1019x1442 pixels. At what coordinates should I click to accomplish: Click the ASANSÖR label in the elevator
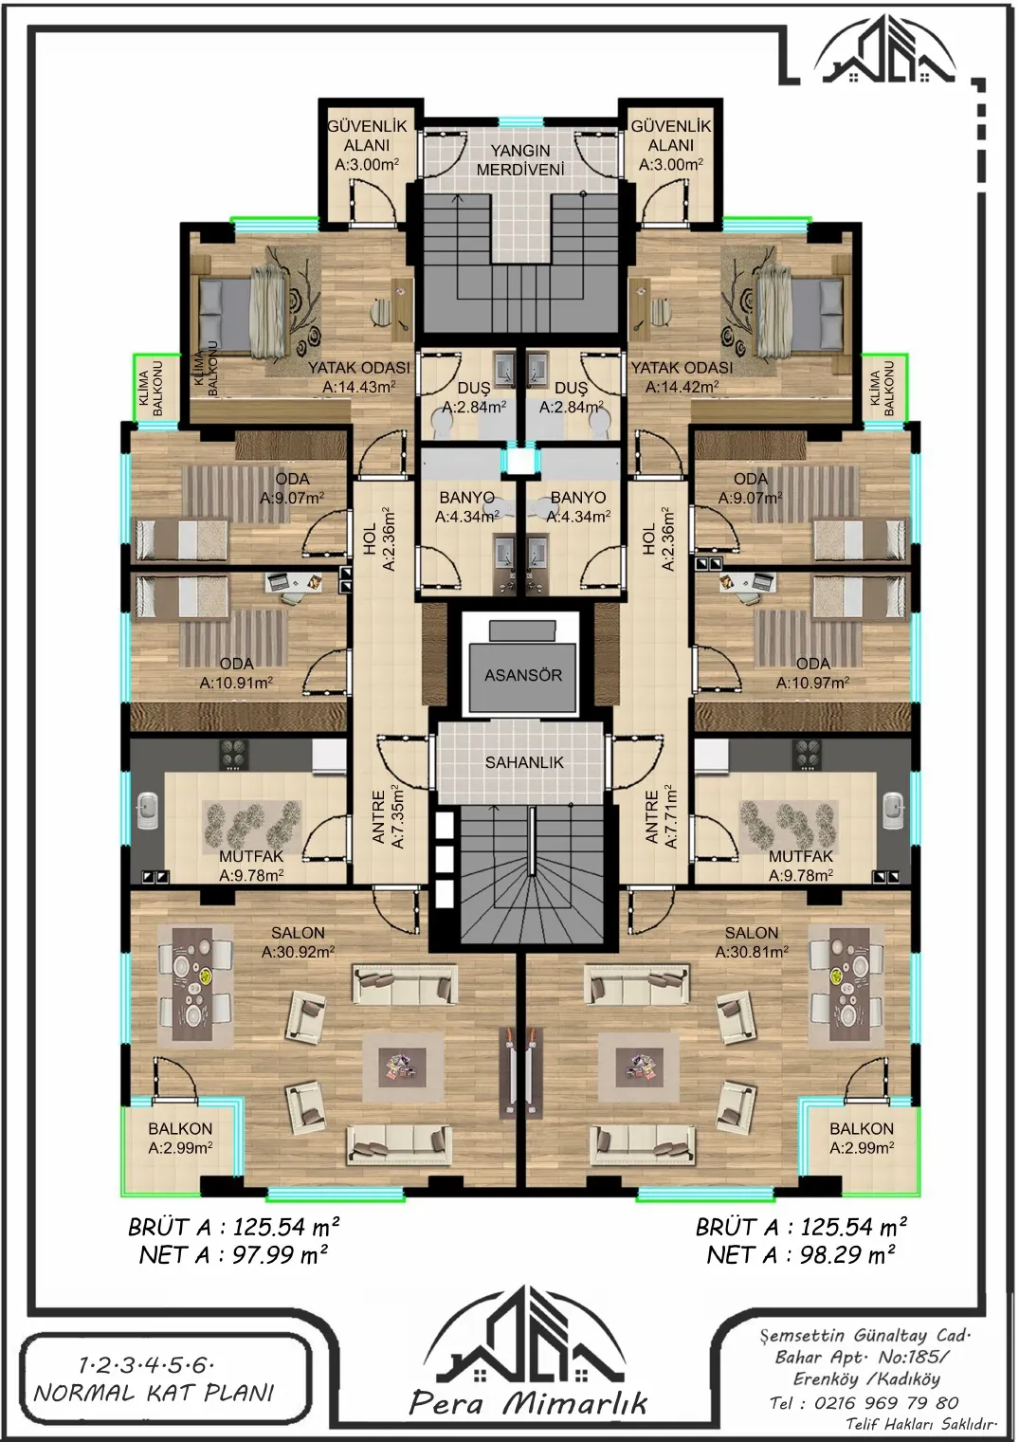(x=522, y=675)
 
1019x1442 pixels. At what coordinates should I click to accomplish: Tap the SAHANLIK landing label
(x=524, y=762)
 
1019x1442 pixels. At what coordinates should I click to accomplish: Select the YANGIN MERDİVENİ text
(x=520, y=160)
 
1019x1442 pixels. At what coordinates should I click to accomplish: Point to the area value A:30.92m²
(x=298, y=952)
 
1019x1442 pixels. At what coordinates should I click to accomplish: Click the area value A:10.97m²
(x=812, y=683)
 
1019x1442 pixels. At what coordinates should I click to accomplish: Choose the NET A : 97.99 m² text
(x=234, y=1254)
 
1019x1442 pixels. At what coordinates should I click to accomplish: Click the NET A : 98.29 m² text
(x=801, y=1254)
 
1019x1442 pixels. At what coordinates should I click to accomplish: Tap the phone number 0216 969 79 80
(x=885, y=1403)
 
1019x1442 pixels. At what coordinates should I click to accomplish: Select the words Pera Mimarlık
(x=528, y=1404)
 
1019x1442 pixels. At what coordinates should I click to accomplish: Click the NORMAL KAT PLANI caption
(x=154, y=1394)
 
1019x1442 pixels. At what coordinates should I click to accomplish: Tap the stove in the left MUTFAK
(x=234, y=755)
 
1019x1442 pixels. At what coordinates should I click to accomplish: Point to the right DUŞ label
(x=571, y=388)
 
